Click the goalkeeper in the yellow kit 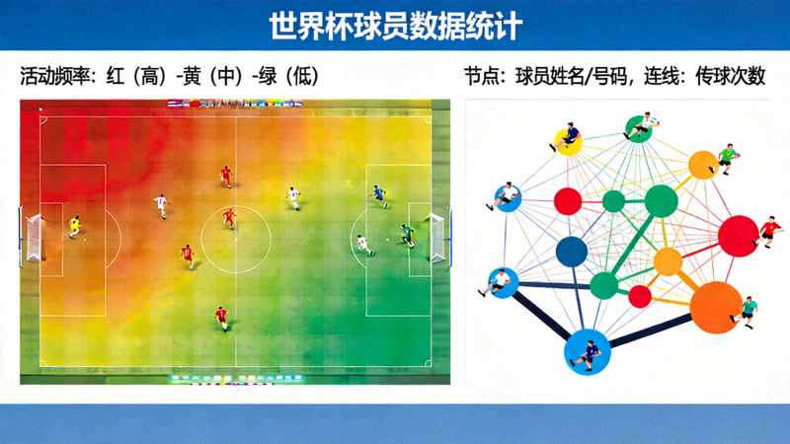pos(74,227)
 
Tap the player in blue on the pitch pos(378,195)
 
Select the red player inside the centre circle pos(229,217)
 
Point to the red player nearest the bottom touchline pos(221,317)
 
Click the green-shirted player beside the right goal pos(407,235)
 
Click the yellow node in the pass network pos(669,262)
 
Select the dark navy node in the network pos(572,252)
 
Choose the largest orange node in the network pos(715,309)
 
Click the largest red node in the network pos(737,236)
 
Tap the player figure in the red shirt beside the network pos(768,232)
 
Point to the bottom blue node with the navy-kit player pos(587,349)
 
